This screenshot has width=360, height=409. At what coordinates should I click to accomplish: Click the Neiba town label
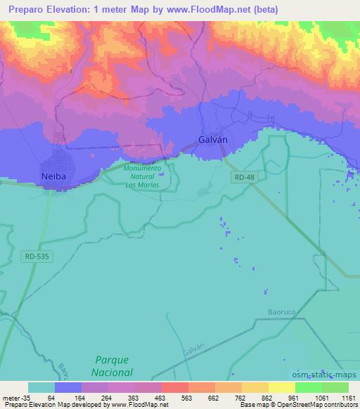[54, 176]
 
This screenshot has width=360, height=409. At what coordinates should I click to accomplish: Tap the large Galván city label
[213, 140]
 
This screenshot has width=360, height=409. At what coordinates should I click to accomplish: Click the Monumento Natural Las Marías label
[141, 176]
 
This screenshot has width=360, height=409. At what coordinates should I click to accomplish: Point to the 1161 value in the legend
[347, 397]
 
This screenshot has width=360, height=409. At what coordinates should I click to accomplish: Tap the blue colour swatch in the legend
[68, 387]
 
